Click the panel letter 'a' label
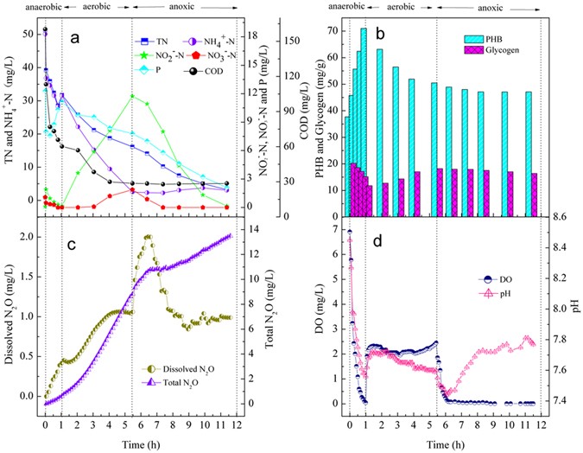(x=75, y=39)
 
